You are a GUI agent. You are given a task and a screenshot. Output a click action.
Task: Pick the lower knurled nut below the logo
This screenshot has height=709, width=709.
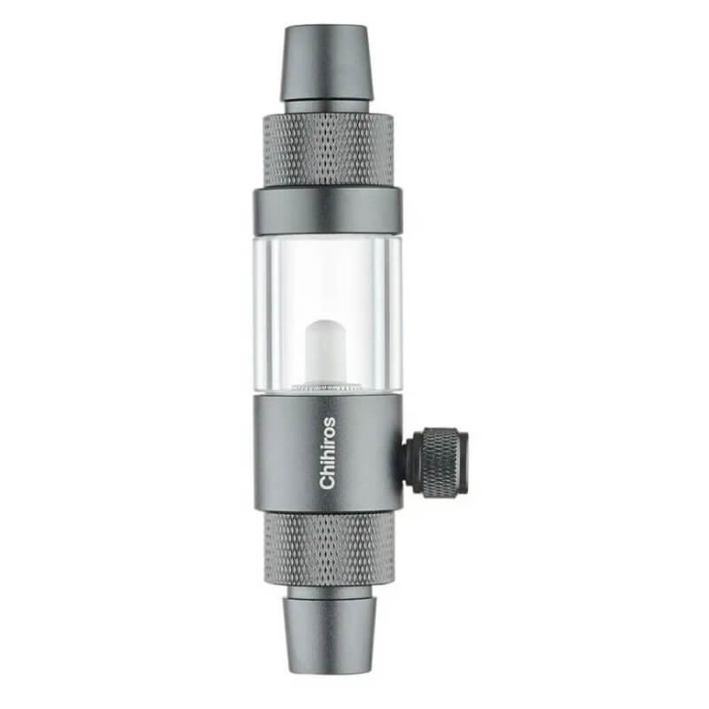point(329,549)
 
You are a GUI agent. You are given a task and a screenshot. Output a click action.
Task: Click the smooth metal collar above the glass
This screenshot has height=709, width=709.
point(327,212)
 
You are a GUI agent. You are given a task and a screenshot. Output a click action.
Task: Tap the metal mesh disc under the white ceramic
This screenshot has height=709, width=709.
point(326,386)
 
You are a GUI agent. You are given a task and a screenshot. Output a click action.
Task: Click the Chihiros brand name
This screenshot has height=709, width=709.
point(327,453)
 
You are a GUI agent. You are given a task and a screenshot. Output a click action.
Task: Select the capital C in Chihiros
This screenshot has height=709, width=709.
point(327,482)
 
